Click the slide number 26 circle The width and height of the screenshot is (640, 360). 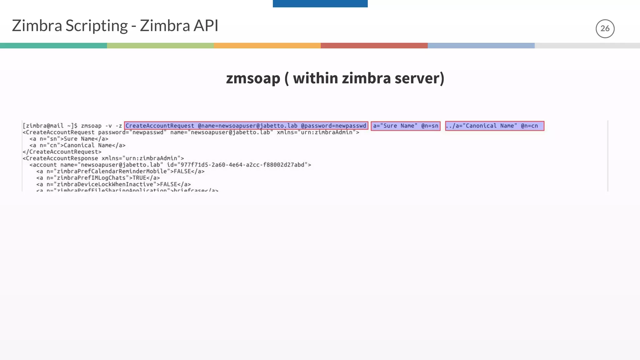pos(605,29)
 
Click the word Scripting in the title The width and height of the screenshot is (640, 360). pos(97,26)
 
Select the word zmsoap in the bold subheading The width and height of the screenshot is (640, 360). pos(253,78)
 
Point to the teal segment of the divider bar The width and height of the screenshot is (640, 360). pos(53,46)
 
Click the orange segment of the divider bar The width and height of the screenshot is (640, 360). pos(267,46)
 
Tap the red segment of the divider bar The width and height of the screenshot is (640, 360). pos(374,46)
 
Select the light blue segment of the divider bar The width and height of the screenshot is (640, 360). pos(481,46)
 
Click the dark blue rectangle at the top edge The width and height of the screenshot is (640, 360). pos(320,3)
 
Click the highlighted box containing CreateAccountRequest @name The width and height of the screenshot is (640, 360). pos(246,126)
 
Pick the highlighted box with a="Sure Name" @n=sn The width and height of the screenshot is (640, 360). pos(406,126)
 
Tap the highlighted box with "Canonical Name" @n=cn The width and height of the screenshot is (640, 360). pos(494,126)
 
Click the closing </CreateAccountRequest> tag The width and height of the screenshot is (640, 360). pos(62,152)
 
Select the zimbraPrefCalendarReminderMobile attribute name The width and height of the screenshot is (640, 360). pos(112,171)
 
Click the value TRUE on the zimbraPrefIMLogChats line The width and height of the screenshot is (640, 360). pos(139,178)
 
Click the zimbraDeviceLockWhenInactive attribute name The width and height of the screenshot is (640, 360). pos(105,184)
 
